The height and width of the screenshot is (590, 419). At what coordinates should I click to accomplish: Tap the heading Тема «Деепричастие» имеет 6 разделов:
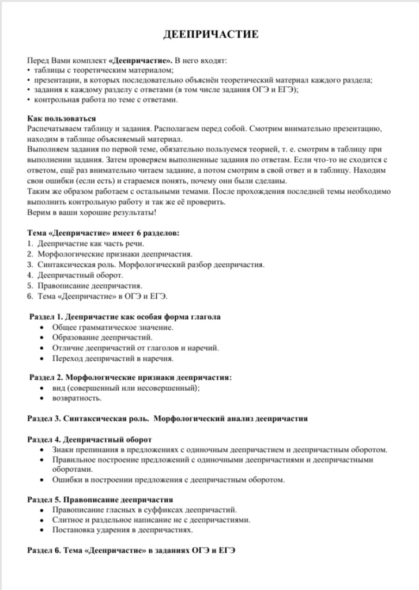pos(104,233)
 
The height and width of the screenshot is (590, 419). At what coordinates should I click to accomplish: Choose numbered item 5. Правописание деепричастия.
pos(84,286)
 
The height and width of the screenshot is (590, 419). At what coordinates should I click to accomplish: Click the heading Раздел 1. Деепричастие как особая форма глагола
pos(124,317)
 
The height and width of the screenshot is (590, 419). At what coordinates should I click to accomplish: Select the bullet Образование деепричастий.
pos(102,338)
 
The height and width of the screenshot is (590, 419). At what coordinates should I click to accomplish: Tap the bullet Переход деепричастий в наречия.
pos(113,358)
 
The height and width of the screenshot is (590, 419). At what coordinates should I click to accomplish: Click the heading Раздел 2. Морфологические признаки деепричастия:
pos(130,378)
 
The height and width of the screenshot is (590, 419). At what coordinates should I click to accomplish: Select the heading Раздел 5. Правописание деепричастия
pos(101,500)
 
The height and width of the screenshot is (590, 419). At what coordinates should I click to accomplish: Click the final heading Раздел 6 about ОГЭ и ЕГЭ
pos(132,551)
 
